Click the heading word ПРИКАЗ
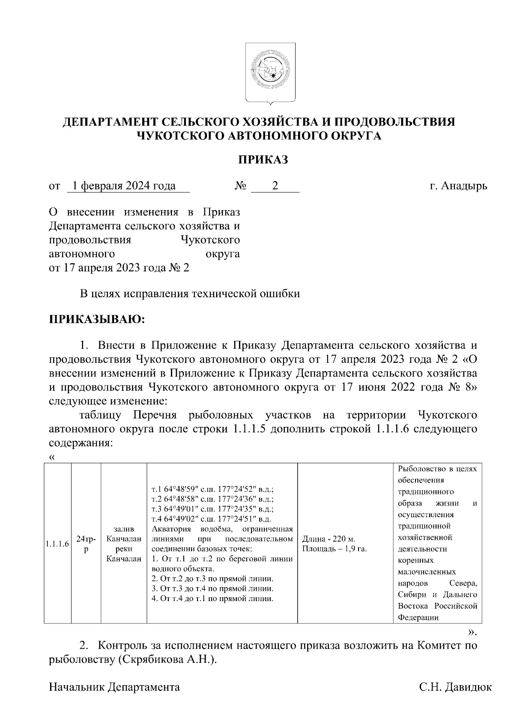pos(263,160)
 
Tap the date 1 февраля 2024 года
pos(124,186)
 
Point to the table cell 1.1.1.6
pos(57,544)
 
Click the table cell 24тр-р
pos(86,544)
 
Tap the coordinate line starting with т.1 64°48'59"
pos(212,489)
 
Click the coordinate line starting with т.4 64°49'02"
pos(212,518)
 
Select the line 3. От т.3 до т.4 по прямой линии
pos(212,589)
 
